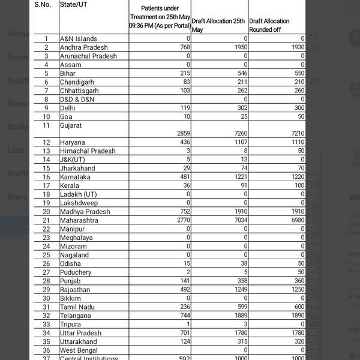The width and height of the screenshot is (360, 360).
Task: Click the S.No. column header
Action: click(43, 4)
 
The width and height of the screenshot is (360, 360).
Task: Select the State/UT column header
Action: click(76, 4)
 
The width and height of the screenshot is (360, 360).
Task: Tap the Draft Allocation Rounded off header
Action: click(269, 25)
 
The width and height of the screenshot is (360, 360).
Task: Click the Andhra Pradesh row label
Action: click(84, 47)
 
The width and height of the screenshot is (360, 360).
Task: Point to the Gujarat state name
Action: click(71, 126)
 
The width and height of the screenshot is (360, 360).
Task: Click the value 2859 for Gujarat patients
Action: click(181, 133)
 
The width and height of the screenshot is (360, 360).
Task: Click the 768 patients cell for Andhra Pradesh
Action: click(184, 47)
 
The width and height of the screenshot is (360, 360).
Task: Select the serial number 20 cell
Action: click(46, 212)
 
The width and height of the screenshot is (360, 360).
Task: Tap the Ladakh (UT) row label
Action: click(78, 194)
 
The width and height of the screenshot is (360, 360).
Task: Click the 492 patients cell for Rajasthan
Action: click(183, 290)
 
